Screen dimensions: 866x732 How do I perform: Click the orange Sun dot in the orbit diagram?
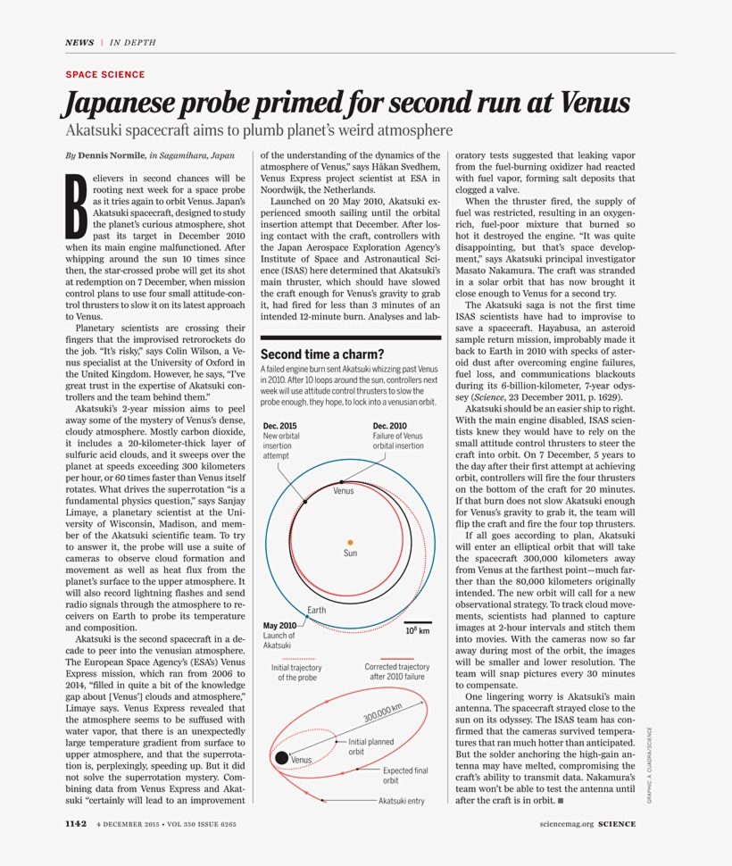(x=350, y=542)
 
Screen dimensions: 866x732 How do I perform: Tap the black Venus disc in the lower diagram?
(x=281, y=758)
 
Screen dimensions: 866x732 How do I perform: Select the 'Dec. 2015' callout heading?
(x=280, y=426)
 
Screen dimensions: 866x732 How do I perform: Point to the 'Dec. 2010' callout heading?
(x=389, y=426)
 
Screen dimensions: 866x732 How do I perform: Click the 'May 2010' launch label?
(x=279, y=625)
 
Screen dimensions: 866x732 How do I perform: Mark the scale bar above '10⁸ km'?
(x=418, y=622)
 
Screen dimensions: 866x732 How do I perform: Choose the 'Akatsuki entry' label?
(x=402, y=801)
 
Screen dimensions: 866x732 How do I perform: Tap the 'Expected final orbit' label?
(x=405, y=775)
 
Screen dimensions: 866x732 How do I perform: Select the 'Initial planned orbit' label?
(x=370, y=746)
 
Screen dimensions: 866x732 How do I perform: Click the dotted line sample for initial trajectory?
(x=298, y=658)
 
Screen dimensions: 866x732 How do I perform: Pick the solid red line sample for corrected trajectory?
(x=396, y=658)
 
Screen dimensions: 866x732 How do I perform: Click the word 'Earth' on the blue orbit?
(x=317, y=610)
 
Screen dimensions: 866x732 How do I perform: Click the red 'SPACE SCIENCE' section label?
(x=104, y=75)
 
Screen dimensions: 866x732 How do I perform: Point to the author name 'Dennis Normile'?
(x=111, y=155)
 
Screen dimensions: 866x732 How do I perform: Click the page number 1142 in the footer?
(x=76, y=824)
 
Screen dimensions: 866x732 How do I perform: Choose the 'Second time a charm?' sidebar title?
(x=322, y=354)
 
